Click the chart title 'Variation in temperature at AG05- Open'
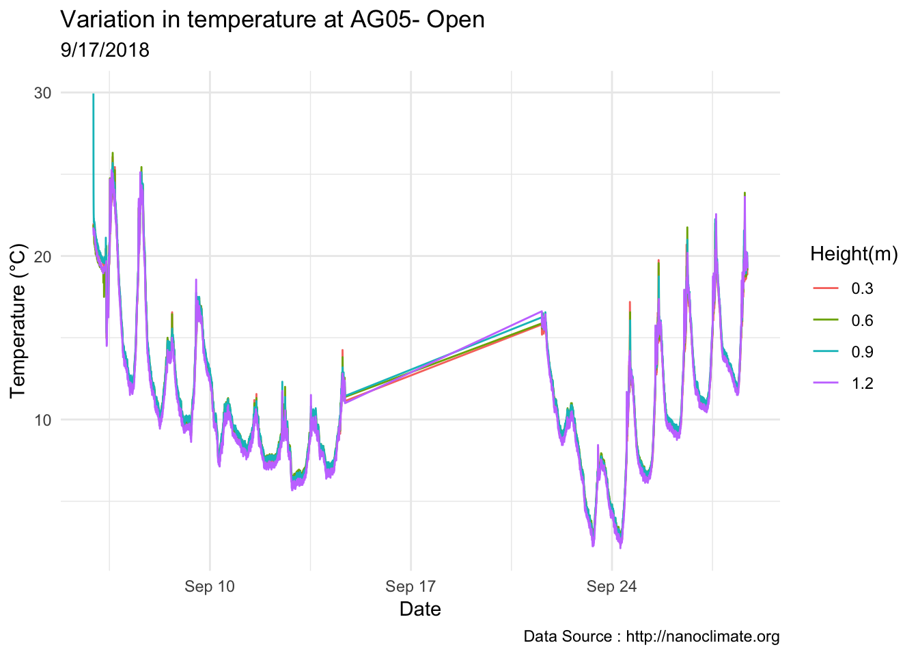(273, 20)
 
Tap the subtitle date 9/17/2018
(105, 50)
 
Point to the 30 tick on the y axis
(42, 93)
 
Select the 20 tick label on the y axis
(42, 256)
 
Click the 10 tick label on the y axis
(42, 420)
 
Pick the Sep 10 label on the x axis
(210, 586)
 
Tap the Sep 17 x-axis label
(411, 586)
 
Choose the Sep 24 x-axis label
(611, 586)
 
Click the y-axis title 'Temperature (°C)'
(18, 321)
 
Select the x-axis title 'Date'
(420, 609)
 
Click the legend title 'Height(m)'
(853, 254)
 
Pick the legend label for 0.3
(862, 289)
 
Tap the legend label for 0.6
(862, 320)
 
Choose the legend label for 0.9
(862, 352)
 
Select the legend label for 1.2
(862, 383)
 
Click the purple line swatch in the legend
(823, 383)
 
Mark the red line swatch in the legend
(823, 289)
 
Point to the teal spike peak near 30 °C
(93, 95)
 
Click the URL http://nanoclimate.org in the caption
(703, 637)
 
